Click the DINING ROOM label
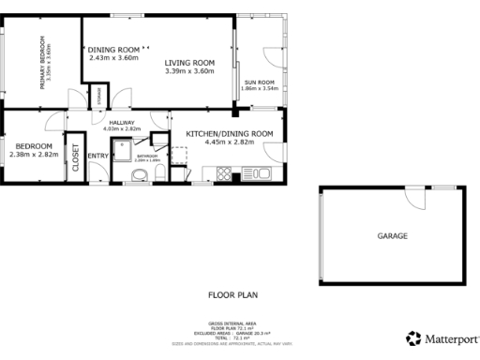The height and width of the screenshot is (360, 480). [114, 49]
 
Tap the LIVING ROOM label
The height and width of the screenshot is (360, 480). [190, 63]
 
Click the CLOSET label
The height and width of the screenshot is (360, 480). [75, 160]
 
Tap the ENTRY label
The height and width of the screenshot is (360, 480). [97, 156]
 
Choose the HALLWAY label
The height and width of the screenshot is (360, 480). [122, 123]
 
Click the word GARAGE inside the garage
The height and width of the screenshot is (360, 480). [392, 236]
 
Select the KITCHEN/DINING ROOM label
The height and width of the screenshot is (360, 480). [229, 134]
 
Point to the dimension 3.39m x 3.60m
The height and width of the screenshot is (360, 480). [190, 71]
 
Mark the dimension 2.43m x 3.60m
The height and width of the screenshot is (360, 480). [114, 57]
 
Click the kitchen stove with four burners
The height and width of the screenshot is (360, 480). [224, 172]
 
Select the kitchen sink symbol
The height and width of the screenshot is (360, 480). [259, 172]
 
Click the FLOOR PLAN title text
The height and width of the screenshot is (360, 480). [232, 294]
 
